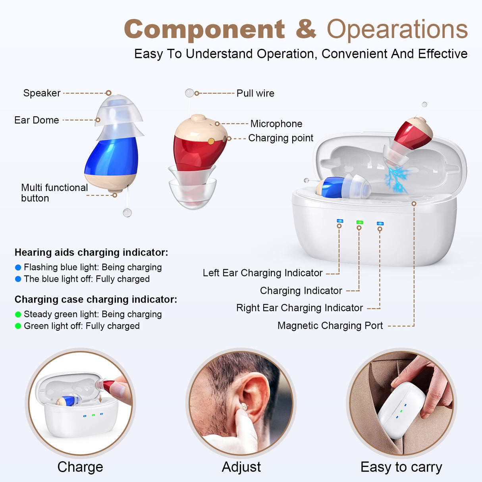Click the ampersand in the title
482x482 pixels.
[306, 29]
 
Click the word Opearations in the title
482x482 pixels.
[397, 29]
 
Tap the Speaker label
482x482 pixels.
[42, 93]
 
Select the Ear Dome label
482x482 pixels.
[37, 120]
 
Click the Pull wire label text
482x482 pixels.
[255, 93]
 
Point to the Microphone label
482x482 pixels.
[276, 124]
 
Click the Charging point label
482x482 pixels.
[281, 138]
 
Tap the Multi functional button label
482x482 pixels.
[54, 193]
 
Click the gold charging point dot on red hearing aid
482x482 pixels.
[211, 141]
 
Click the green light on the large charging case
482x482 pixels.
[360, 222]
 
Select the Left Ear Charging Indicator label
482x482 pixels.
[262, 273]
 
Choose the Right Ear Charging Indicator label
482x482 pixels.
[299, 308]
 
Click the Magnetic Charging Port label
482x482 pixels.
[330, 326]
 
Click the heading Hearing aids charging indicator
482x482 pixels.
[91, 253]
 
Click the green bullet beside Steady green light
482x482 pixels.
[18, 314]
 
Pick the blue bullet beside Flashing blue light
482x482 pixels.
[18, 268]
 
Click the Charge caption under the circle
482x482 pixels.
[80, 467]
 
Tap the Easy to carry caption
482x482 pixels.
[401, 467]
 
